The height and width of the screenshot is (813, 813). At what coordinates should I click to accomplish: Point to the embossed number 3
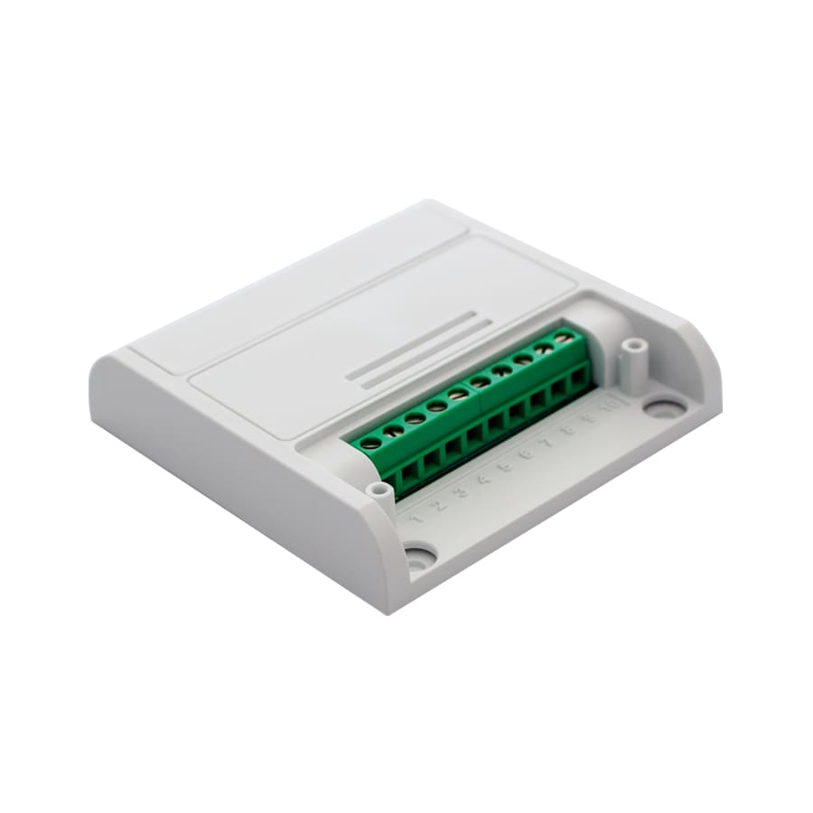click(462, 493)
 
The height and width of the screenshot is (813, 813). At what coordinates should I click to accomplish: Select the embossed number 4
click(484, 480)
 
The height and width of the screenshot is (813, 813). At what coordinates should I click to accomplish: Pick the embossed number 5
click(506, 467)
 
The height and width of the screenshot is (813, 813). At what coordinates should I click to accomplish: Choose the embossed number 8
click(569, 431)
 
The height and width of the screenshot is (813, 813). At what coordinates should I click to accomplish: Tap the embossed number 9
click(589, 419)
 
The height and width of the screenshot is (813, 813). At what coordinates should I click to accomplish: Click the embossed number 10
click(610, 406)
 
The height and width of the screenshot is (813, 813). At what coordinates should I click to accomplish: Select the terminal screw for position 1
click(371, 443)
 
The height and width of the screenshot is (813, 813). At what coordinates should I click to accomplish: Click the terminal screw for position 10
click(565, 338)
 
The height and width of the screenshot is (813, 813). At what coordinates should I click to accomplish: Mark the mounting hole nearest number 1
click(418, 556)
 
